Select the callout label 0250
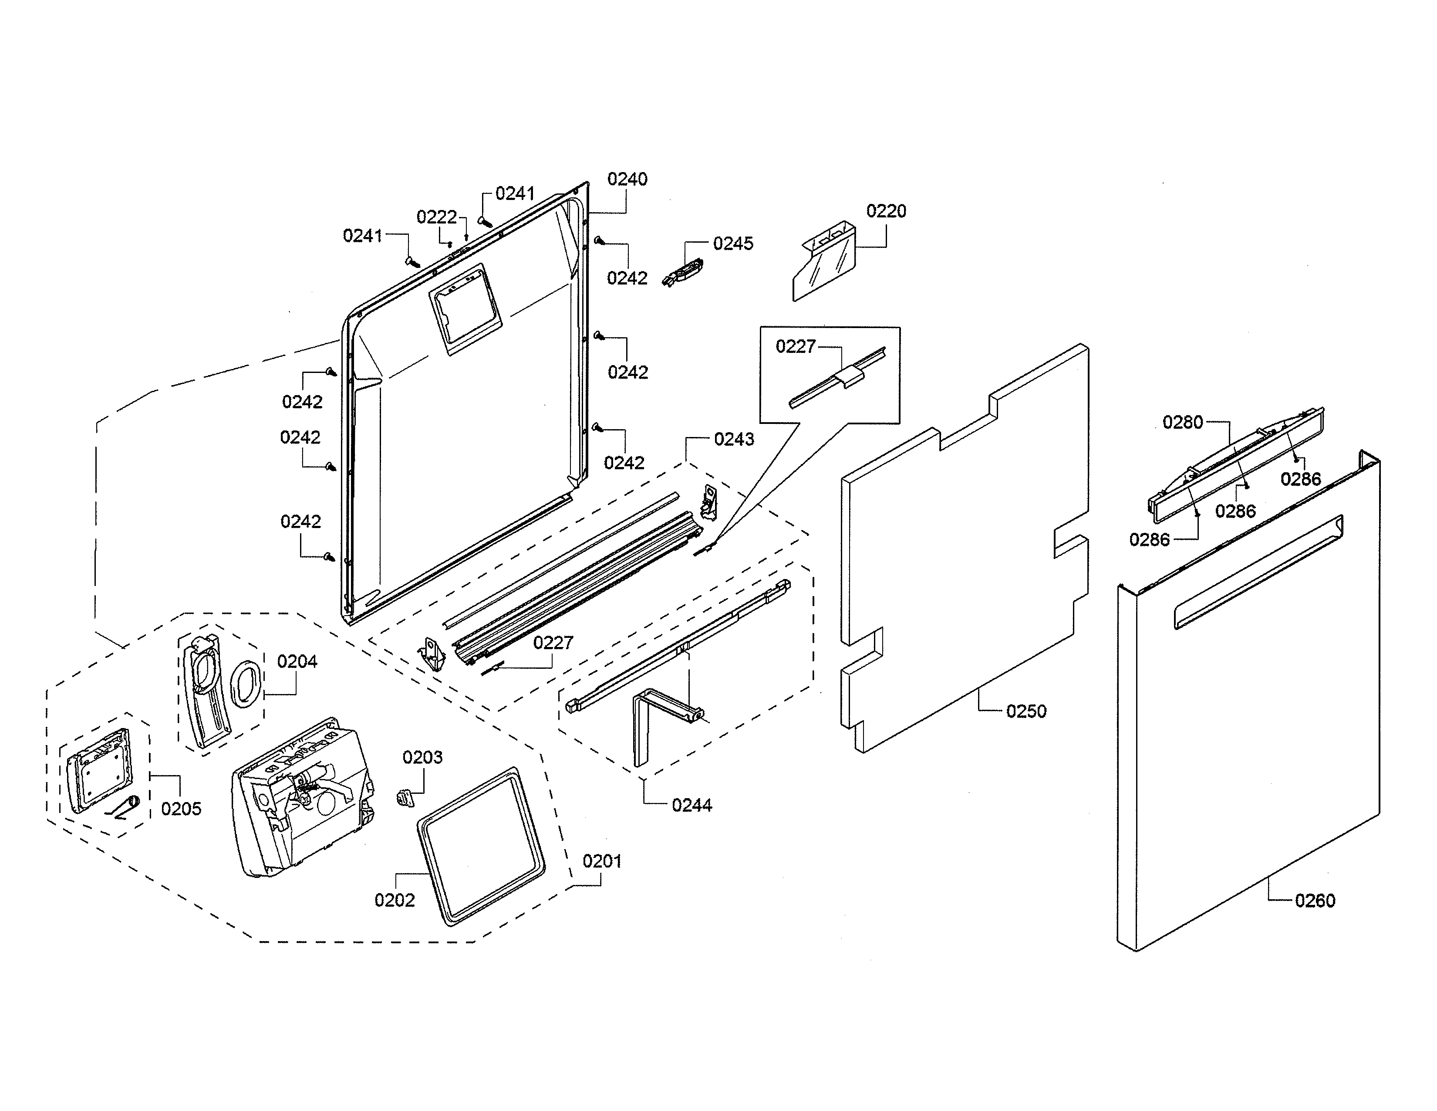1026,711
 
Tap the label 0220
886,211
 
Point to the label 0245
733,244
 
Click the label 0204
297,661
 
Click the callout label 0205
181,809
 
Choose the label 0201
601,861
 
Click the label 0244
692,805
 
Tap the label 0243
734,439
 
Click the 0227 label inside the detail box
796,346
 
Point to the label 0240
627,179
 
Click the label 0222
436,217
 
